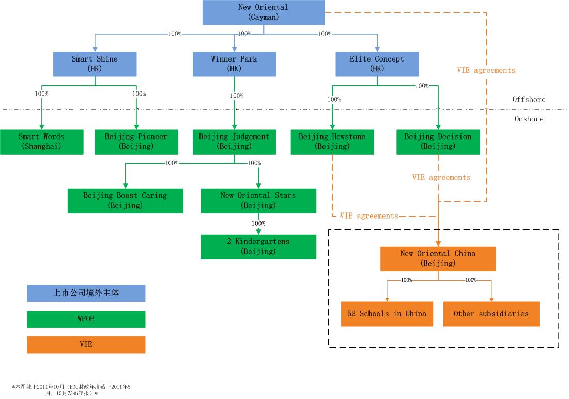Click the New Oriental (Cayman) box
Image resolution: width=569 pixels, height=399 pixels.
click(x=264, y=12)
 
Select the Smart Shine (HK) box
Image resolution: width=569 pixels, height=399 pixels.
click(x=95, y=64)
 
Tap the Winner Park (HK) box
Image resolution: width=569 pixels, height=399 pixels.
click(x=234, y=64)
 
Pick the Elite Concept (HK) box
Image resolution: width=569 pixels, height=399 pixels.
click(x=377, y=64)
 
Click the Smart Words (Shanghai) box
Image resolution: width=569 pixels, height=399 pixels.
click(x=41, y=142)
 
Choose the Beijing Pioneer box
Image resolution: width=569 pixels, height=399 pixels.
click(x=136, y=142)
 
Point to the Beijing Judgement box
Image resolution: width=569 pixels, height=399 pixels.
click(x=234, y=142)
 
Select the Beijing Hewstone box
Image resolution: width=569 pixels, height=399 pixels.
click(x=332, y=142)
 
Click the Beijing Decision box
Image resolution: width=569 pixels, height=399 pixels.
click(x=438, y=142)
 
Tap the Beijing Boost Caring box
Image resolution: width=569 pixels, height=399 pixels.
click(x=125, y=201)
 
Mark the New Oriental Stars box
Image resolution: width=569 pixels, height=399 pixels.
click(x=258, y=201)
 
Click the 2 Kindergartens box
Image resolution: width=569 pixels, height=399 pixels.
click(x=258, y=247)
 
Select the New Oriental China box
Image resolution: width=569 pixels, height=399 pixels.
click(x=438, y=258)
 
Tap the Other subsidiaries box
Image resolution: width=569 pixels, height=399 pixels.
click(x=491, y=314)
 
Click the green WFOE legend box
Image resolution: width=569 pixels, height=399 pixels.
click(x=86, y=319)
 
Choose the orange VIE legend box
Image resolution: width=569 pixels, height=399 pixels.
click(x=86, y=344)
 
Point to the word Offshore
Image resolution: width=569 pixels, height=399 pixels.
click(x=529, y=99)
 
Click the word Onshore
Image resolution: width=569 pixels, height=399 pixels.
click(x=529, y=119)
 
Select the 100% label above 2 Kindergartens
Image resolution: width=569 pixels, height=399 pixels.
click(x=258, y=223)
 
